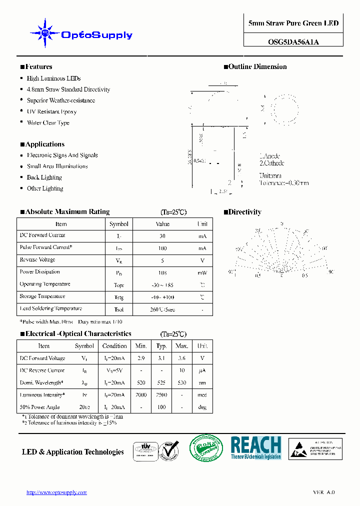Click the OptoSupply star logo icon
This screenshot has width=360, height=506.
coord(45,33)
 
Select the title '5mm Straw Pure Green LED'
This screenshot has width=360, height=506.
coord(293,23)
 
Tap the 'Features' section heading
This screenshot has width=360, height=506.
coord(38,66)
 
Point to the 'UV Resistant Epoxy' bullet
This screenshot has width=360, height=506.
coord(51,111)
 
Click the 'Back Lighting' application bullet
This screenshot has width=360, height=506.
coord(44,177)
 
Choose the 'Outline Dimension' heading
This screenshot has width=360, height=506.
coord(257,66)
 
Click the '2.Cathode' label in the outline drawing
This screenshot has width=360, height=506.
coord(272,163)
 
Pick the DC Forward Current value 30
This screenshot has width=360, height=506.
coord(162,236)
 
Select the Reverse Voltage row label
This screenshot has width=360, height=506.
coord(37,260)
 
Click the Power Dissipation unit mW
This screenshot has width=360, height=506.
coord(202,272)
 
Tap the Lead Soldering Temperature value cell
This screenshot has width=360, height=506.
coord(162,309)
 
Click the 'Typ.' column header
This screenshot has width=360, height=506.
coord(161,346)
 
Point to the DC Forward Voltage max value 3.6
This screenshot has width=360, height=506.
coord(182,358)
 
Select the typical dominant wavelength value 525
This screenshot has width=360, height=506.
coord(161,383)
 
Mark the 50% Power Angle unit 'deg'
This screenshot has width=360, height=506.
coord(202,407)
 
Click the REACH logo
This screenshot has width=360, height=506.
coord(256,448)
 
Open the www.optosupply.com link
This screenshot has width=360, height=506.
coord(56,492)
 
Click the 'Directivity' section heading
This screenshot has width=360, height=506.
coord(244,212)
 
